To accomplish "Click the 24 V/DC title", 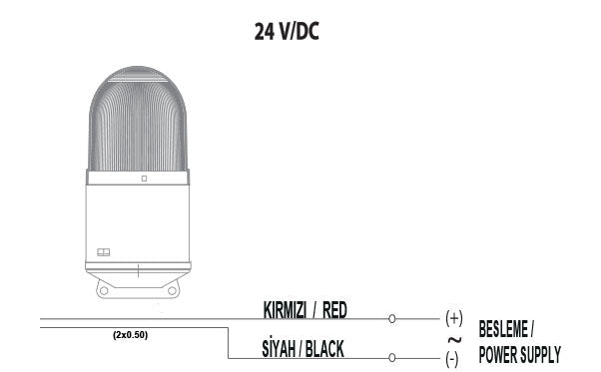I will click(287, 31).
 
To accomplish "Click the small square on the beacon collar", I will click(144, 179).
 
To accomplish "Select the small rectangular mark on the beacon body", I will click(103, 252).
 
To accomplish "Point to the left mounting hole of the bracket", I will click(105, 289).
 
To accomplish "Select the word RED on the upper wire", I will click(334, 310).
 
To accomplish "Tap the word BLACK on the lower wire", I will click(325, 348).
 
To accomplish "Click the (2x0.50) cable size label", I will click(130, 335).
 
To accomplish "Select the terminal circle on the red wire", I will click(391, 319).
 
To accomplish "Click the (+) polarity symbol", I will click(454, 318).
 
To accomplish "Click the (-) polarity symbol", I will click(452, 357).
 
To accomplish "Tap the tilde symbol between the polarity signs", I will click(454, 338).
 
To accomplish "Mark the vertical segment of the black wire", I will click(230, 340).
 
